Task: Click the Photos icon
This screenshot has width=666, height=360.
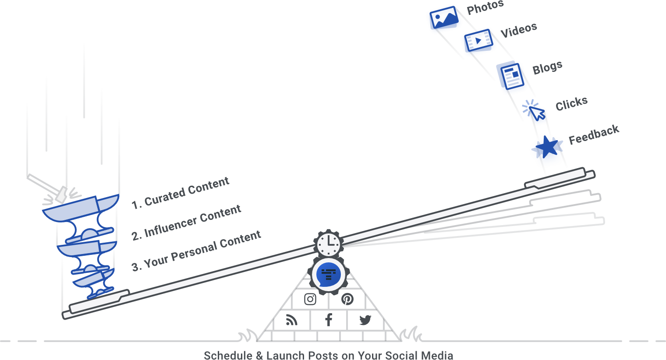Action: click(444, 18)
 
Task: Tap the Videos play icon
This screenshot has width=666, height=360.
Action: click(478, 40)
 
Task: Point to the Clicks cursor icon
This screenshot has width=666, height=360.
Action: click(534, 110)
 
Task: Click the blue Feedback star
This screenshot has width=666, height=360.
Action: click(547, 147)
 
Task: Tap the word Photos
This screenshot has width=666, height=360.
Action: click(485, 7)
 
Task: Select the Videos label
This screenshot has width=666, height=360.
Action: click(519, 30)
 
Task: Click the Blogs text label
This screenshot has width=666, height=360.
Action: click(547, 67)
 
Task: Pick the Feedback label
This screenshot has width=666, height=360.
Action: click(594, 134)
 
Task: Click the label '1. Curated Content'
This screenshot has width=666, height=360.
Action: click(181, 193)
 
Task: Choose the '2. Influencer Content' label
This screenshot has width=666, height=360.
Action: click(186, 222)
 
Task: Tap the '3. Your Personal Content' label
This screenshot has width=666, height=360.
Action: click(196, 251)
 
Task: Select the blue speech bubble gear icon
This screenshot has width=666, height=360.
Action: click(329, 275)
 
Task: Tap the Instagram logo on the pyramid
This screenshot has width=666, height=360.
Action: click(310, 299)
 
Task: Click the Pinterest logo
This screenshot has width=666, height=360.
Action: click(347, 299)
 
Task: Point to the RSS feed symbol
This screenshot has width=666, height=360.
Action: click(291, 320)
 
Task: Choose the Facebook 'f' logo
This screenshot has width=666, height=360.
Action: click(329, 320)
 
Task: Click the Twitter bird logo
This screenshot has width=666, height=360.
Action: click(365, 320)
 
